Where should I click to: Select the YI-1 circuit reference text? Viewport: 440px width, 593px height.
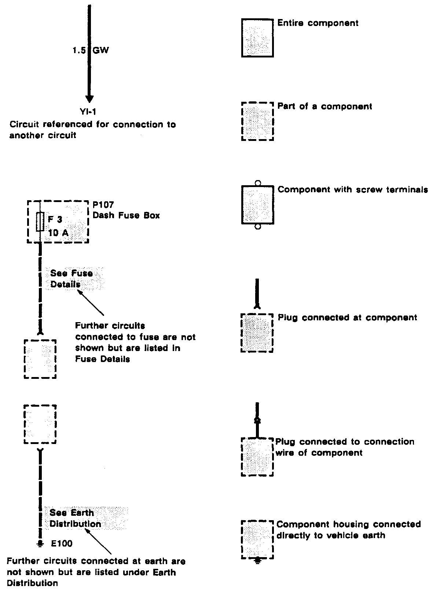click(x=88, y=111)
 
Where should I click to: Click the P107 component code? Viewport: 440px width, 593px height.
click(x=103, y=205)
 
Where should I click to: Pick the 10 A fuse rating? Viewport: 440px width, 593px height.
click(x=58, y=232)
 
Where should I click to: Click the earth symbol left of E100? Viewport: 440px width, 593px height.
click(x=40, y=544)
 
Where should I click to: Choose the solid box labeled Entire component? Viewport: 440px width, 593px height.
click(x=257, y=38)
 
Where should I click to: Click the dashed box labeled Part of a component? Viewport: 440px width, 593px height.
click(x=257, y=122)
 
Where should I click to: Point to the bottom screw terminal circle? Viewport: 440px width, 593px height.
click(x=258, y=227)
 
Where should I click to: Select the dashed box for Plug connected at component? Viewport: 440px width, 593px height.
click(x=257, y=333)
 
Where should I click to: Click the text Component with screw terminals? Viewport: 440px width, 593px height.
click(x=353, y=190)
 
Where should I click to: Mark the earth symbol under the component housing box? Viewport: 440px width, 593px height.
click(x=258, y=560)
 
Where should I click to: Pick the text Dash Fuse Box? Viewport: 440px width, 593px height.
click(x=126, y=215)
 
